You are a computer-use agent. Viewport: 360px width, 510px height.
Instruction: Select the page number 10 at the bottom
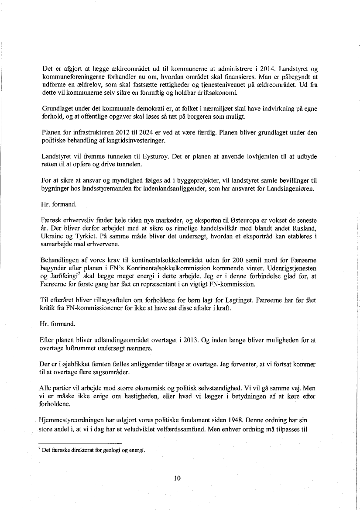[x=177, y=478]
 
